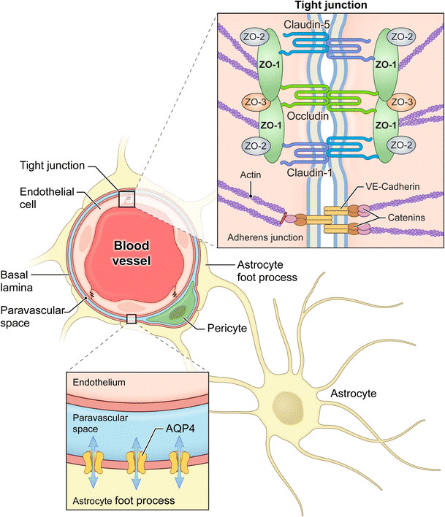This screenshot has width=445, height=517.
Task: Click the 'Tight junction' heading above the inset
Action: tap(330, 6)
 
